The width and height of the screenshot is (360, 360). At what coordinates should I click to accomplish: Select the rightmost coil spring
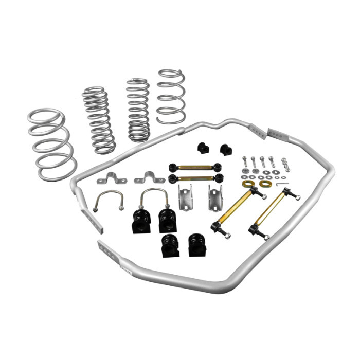pos(171,96)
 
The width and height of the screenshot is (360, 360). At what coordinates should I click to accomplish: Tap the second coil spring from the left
pos(98,119)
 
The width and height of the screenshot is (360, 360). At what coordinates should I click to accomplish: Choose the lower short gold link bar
pos(196,178)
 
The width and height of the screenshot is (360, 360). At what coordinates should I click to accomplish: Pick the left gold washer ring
pos(247,184)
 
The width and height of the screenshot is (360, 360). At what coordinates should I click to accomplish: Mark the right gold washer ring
pos(265,184)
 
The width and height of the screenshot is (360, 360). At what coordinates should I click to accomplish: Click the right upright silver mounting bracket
pos(215,196)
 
